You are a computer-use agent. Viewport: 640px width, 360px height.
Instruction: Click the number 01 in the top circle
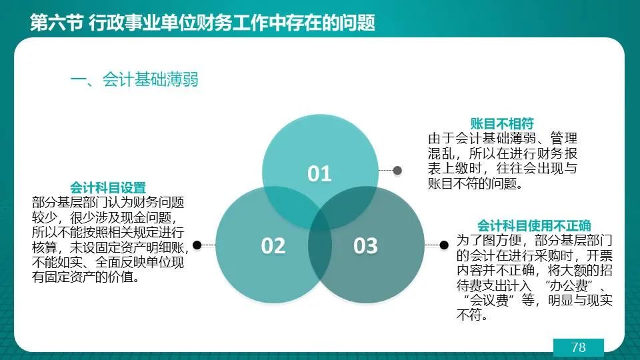click(x=319, y=173)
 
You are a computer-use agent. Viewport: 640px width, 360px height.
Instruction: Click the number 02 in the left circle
click(x=273, y=246)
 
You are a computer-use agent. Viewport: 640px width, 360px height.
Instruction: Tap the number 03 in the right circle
click(x=366, y=246)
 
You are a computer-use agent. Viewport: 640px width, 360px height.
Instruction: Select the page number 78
click(x=579, y=347)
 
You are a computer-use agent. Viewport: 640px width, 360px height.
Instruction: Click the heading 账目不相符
click(x=502, y=124)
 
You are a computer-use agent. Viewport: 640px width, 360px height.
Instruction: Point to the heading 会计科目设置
click(x=108, y=188)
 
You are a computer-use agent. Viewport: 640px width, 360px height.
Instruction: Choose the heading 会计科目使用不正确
click(x=534, y=226)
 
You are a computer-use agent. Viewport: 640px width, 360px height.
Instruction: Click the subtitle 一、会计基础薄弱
click(x=134, y=79)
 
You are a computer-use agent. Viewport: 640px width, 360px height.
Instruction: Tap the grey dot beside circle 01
click(x=397, y=171)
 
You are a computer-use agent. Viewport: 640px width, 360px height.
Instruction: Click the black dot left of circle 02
click(x=197, y=245)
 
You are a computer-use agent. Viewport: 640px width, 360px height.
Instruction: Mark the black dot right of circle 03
click(x=444, y=245)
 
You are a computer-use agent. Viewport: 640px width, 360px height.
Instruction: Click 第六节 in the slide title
click(x=56, y=23)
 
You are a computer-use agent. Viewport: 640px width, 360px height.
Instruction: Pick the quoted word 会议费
click(x=489, y=301)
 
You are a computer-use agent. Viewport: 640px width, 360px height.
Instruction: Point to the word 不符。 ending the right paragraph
click(x=472, y=315)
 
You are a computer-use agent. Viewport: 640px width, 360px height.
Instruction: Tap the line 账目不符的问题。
click(x=475, y=184)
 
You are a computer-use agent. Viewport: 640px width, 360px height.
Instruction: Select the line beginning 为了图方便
click(x=534, y=241)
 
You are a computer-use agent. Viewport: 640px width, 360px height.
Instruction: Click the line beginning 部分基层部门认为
click(x=108, y=203)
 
